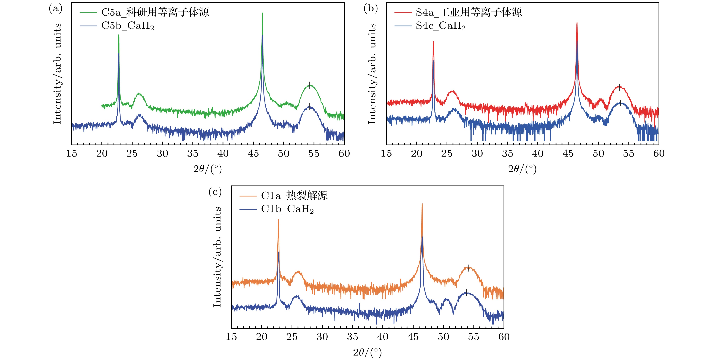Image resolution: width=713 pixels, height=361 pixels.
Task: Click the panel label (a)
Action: point(55,9)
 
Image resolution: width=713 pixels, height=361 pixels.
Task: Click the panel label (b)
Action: point(370,9)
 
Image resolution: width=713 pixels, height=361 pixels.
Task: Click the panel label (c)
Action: point(215,191)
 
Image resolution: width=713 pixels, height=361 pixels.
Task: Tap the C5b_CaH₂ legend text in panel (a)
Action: point(128,26)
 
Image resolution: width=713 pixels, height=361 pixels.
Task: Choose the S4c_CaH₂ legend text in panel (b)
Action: point(441,26)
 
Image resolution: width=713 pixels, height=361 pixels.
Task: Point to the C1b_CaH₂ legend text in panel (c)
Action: point(287,209)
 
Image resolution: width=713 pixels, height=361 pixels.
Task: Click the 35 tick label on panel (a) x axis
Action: point(193,153)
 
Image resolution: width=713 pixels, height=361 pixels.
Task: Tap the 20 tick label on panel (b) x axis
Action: point(417,153)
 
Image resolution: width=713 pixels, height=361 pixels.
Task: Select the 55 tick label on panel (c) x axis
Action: point(473,337)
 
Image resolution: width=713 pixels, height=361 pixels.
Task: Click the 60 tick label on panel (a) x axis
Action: point(344,153)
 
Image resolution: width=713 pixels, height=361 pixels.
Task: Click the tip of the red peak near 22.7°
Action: point(433,42)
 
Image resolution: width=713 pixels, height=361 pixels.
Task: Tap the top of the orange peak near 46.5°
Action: point(422,204)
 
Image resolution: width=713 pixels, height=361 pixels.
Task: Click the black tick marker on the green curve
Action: point(310,84)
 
